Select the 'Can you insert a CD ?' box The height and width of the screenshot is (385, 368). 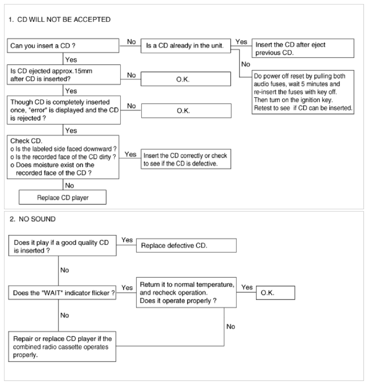pyautogui.click(x=63, y=45)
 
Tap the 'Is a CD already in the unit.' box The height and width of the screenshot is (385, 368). pyautogui.click(x=186, y=45)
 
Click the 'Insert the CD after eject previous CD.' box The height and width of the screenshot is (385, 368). pyautogui.click(x=303, y=45)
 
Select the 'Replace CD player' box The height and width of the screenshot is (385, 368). pyautogui.click(x=63, y=197)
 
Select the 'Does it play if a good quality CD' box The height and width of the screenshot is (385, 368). pyautogui.click(x=63, y=248)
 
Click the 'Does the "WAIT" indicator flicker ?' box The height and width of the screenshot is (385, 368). pyautogui.click(x=63, y=293)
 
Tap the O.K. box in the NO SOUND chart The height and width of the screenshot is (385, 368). pyautogui.click(x=275, y=293)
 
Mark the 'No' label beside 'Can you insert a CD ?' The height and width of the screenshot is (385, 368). pyautogui.click(x=131, y=41)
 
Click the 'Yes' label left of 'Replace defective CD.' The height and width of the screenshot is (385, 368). pyautogui.click(x=127, y=240)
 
